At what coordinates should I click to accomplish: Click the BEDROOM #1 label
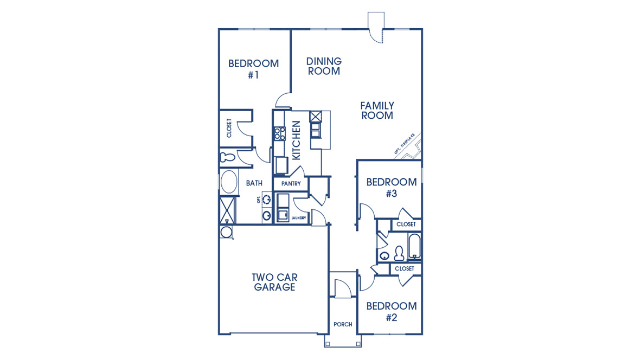pos(253,69)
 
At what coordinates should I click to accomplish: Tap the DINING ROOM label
pos(324,66)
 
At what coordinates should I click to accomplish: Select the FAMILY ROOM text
pos(377,111)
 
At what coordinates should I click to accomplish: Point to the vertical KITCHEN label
pos(296,140)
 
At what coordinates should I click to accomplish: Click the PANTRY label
pos(291,184)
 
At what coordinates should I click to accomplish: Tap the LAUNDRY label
pos(299,218)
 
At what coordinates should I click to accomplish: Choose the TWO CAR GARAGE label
pos(274,282)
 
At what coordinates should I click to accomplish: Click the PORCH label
pos(343,324)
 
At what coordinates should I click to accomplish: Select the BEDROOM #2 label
pos(391,311)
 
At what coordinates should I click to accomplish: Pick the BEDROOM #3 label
pos(391,188)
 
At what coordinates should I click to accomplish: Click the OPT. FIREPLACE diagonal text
pos(405,145)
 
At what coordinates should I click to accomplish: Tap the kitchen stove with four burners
pos(279,133)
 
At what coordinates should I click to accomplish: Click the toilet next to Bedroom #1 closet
pos(228,158)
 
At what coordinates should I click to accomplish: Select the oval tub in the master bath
pos(229,182)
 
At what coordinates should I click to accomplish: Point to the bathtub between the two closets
pos(414,247)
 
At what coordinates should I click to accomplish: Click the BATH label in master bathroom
pos(254,183)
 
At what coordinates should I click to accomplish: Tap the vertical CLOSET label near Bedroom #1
pos(229,128)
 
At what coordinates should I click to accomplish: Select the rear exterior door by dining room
pos(375,27)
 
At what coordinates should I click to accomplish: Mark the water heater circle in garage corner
pos(226,233)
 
